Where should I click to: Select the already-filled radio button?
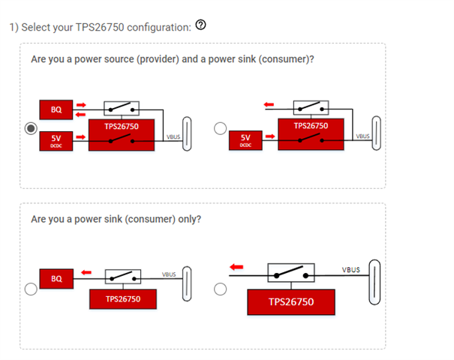point(30,128)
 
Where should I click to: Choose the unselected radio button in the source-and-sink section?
point(220,128)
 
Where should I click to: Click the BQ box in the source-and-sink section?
point(56,111)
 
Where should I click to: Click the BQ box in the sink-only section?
point(56,278)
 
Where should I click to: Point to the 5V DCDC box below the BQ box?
point(56,139)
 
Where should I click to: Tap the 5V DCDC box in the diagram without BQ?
point(245,139)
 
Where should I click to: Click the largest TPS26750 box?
point(291,302)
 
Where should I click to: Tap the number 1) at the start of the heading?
point(14,27)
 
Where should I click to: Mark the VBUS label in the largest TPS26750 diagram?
point(350,269)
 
